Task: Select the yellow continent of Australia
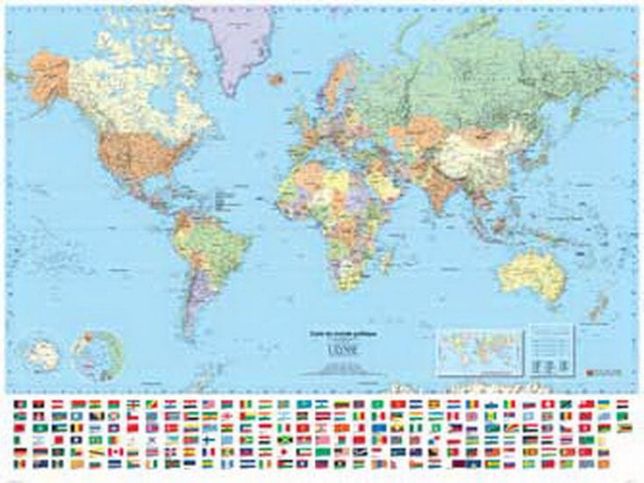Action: [x=531, y=273]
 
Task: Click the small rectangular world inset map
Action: [x=478, y=350]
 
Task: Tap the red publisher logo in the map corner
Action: [x=606, y=371]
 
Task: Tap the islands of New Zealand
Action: [x=604, y=307]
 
